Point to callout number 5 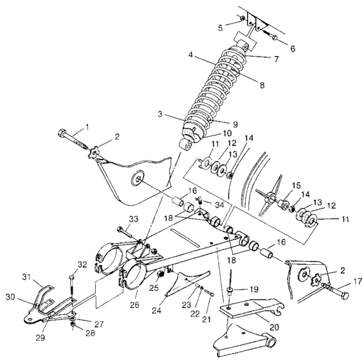point(219,28)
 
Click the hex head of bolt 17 point(343,294)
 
